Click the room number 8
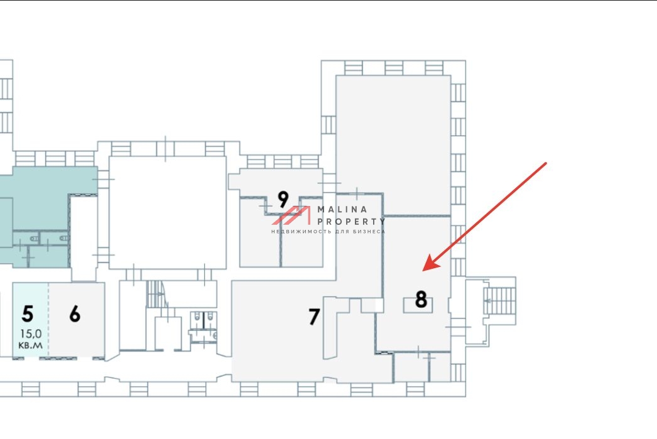pos(421,300)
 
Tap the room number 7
pos(314,317)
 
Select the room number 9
pos(283,199)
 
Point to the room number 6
pos(75,314)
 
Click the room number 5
pos(28,314)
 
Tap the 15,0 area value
pos(31,334)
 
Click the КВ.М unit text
pos(31,345)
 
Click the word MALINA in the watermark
pos(342,209)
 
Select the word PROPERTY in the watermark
pos(350,221)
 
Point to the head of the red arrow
pos(423,271)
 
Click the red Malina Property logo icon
pos(291,215)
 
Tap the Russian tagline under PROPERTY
pos(328,232)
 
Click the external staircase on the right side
pos(499,300)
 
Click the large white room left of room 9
pos(168,213)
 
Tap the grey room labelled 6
pos(77,320)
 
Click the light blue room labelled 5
pos(31,320)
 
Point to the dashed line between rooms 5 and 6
pos(49,320)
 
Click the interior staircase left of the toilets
pos(156,295)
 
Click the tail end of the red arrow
pos(546,163)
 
